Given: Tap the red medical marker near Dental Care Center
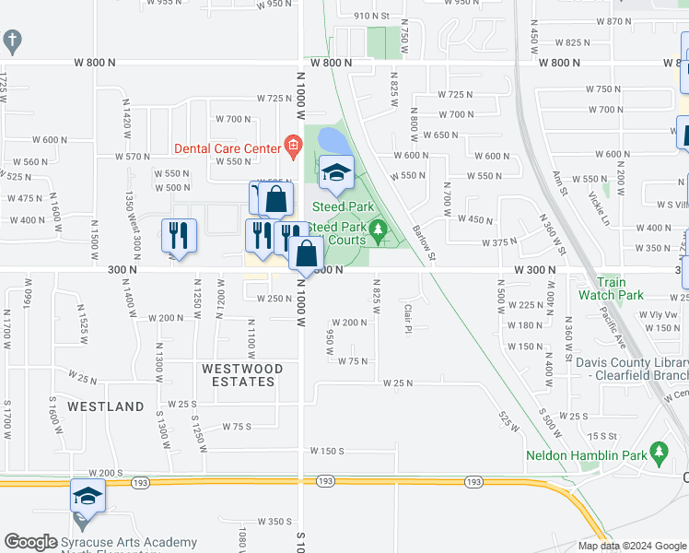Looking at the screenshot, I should tap(293, 143).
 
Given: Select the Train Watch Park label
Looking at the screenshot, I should tap(612, 288).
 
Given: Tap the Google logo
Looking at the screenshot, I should tap(30, 542).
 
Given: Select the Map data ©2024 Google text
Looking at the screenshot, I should tap(631, 546).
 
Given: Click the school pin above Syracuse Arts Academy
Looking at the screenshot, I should tap(88, 497).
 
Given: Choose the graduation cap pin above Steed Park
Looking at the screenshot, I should tap(336, 172).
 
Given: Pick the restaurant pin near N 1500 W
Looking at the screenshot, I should tap(179, 235).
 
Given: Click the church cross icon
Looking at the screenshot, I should tap(12, 41).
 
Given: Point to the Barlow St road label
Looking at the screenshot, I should tap(423, 242).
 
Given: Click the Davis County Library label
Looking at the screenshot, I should tap(631, 368).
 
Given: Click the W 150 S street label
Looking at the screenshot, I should tap(327, 451).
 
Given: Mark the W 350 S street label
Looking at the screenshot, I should tap(275, 522).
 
